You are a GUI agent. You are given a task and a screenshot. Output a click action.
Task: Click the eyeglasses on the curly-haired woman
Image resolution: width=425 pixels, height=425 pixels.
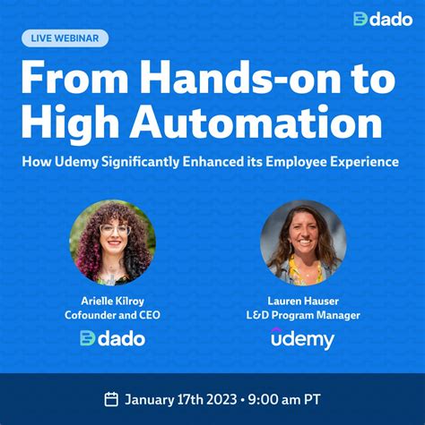114,230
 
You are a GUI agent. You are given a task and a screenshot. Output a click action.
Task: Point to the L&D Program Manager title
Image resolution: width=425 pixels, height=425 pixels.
303,315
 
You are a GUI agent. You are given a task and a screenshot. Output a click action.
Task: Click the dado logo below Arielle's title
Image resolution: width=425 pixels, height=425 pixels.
112,338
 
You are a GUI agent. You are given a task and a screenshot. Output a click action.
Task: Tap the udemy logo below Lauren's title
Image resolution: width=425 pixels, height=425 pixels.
303,338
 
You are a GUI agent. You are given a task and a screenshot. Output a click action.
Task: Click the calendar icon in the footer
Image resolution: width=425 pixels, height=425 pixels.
111,399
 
